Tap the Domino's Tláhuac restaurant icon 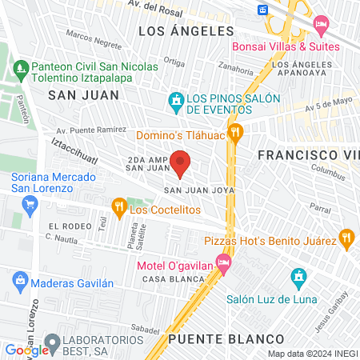coord(234,133)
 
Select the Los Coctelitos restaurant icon coord(118,209)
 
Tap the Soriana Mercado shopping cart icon coord(30,204)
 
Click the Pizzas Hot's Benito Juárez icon coord(346,237)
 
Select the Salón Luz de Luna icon coord(298,278)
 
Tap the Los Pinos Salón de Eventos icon coord(175,102)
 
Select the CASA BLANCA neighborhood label coord(164,279)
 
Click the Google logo coord(26,350)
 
